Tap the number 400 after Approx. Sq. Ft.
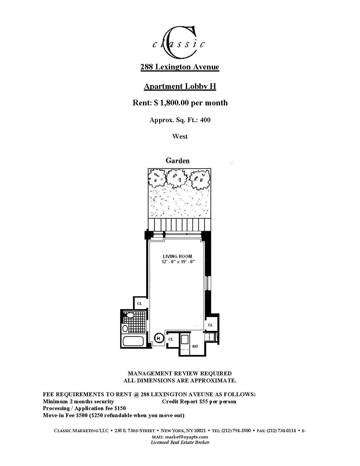(205, 120)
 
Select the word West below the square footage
(180, 136)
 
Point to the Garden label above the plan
(178, 161)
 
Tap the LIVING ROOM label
(177, 256)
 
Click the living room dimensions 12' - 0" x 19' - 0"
(178, 262)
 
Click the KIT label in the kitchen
(195, 346)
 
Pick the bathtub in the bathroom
(133, 341)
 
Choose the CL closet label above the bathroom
(139, 304)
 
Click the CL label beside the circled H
(171, 339)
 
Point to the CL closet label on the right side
(210, 325)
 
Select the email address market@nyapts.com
(186, 437)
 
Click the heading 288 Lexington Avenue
(180, 67)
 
